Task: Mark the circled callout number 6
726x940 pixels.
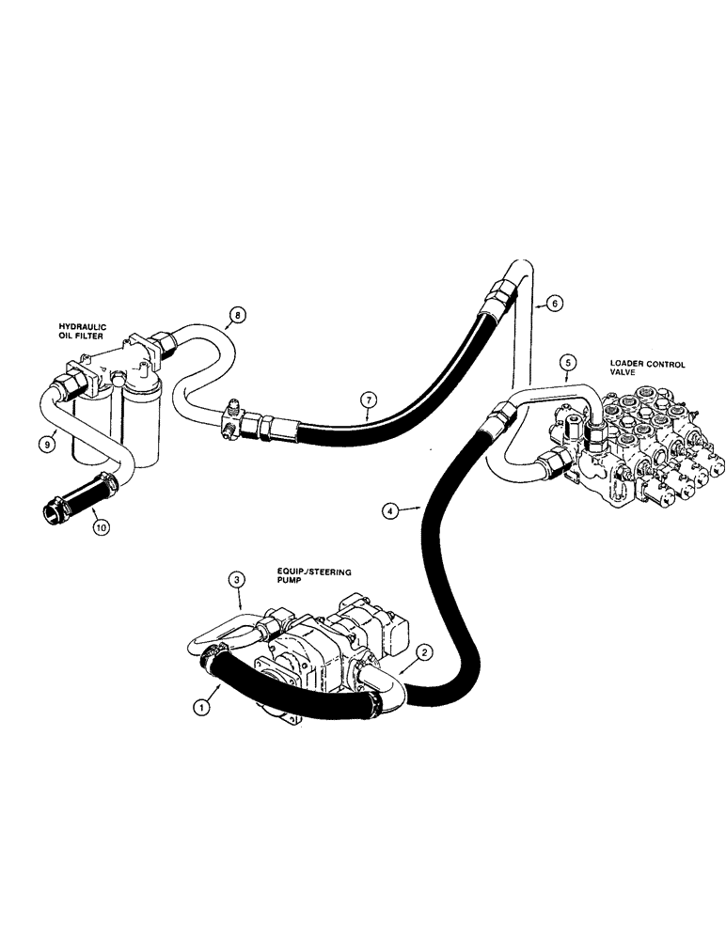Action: click(555, 304)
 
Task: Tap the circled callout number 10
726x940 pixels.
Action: click(101, 526)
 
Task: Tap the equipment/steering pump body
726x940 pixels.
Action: click(320, 649)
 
